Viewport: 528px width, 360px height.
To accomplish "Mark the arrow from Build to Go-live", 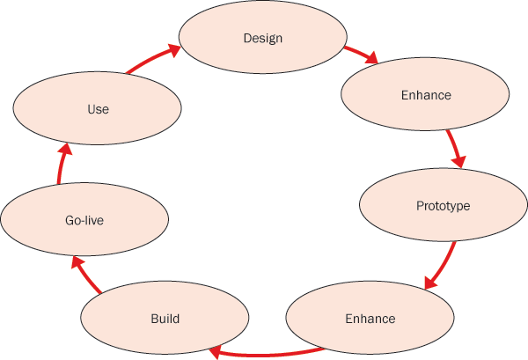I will click(x=86, y=274).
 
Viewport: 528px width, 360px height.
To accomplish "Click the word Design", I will click(x=262, y=39).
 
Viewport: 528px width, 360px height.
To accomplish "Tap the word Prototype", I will click(x=443, y=206).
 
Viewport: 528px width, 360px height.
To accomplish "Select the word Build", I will click(x=165, y=319).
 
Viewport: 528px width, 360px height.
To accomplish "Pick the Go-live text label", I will click(x=84, y=221).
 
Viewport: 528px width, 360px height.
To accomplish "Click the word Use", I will click(x=98, y=110).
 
